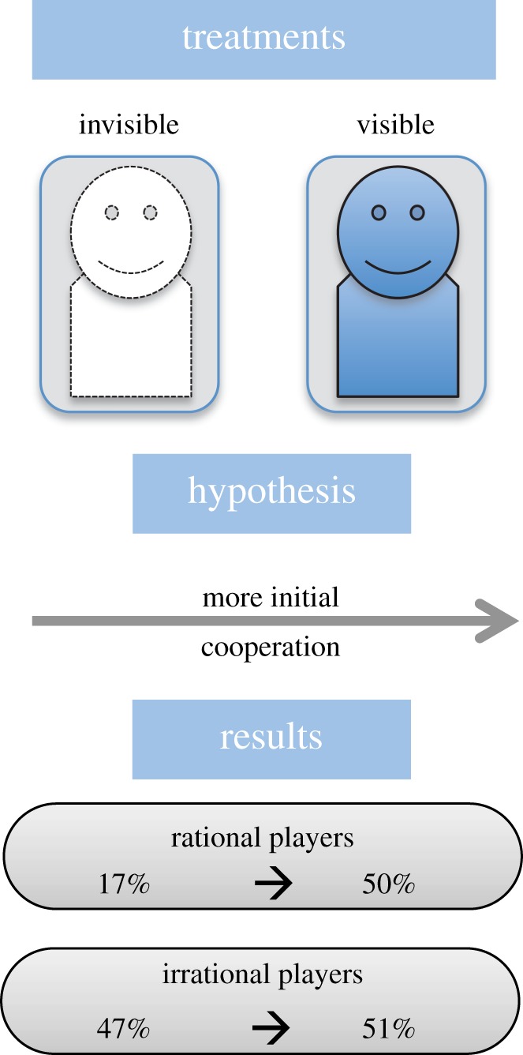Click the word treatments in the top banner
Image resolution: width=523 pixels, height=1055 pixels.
click(x=263, y=37)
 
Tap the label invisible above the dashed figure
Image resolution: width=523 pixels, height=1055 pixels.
click(x=129, y=125)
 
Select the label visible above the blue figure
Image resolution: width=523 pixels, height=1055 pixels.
click(x=395, y=125)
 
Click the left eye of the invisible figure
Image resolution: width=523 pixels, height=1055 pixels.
click(x=112, y=212)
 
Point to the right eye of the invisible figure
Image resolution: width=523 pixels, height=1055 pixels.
click(x=151, y=212)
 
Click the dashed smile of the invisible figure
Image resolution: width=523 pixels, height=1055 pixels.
click(x=131, y=266)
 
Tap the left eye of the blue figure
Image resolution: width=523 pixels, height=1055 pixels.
click(x=379, y=212)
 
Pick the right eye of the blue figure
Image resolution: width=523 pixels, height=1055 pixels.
click(x=417, y=212)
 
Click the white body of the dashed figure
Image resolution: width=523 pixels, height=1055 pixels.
click(x=131, y=347)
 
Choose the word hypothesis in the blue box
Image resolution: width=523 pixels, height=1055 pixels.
click(x=271, y=491)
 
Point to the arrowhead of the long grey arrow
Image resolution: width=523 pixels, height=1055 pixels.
click(x=497, y=621)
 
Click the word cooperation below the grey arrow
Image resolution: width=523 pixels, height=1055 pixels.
click(x=271, y=648)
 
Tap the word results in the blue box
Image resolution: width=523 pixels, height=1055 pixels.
click(x=271, y=737)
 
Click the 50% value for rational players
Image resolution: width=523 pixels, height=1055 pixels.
click(x=388, y=884)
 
